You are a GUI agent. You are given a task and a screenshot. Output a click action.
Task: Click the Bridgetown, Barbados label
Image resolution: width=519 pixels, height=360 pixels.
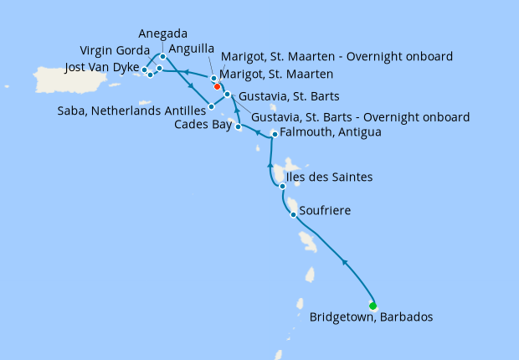point(372,317)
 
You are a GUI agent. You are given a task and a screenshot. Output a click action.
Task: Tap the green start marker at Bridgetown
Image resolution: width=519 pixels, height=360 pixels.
point(373,305)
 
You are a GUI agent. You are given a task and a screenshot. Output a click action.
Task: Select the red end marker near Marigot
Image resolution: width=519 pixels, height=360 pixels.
point(217,86)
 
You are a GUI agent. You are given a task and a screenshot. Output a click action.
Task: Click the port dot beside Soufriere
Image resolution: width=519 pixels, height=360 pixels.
point(292,215)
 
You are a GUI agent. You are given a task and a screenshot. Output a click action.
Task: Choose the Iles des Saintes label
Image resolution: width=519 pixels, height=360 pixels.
point(329,177)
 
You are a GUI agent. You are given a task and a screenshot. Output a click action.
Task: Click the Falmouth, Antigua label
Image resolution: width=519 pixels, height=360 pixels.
point(331,132)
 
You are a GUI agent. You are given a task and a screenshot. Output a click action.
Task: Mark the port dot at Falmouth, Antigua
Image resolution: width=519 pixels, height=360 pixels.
point(275,134)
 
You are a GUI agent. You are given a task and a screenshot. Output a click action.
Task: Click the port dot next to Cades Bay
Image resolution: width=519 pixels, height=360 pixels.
point(239,127)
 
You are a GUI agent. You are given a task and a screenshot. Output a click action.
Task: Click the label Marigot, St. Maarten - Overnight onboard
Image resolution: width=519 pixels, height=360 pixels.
point(336,56)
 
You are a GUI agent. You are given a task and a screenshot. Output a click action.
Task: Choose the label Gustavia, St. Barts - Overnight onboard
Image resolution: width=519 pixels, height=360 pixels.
point(360,117)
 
